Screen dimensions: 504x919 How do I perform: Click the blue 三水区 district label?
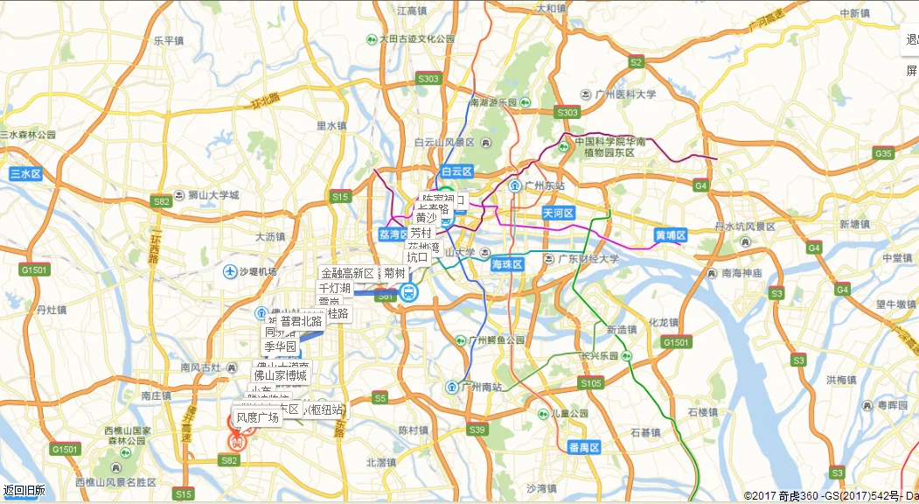(x=26, y=174)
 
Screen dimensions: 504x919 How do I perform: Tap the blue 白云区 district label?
(x=456, y=171)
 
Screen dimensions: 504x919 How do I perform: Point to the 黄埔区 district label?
(x=672, y=235)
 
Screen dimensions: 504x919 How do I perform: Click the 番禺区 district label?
(x=584, y=448)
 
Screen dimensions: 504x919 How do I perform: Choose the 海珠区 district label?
(x=506, y=264)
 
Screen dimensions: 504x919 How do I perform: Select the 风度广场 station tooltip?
(x=258, y=417)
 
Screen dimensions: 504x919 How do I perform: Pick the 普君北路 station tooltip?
(x=302, y=321)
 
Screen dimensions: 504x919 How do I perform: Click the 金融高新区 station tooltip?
(x=347, y=273)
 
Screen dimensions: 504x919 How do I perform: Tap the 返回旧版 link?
(x=24, y=491)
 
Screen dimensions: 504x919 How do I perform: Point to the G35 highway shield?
(x=883, y=154)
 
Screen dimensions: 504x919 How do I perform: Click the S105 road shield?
(x=591, y=383)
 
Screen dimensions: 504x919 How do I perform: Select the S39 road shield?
(x=477, y=430)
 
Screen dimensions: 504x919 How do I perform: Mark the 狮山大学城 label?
(x=206, y=195)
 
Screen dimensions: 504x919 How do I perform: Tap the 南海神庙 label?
(x=742, y=273)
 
